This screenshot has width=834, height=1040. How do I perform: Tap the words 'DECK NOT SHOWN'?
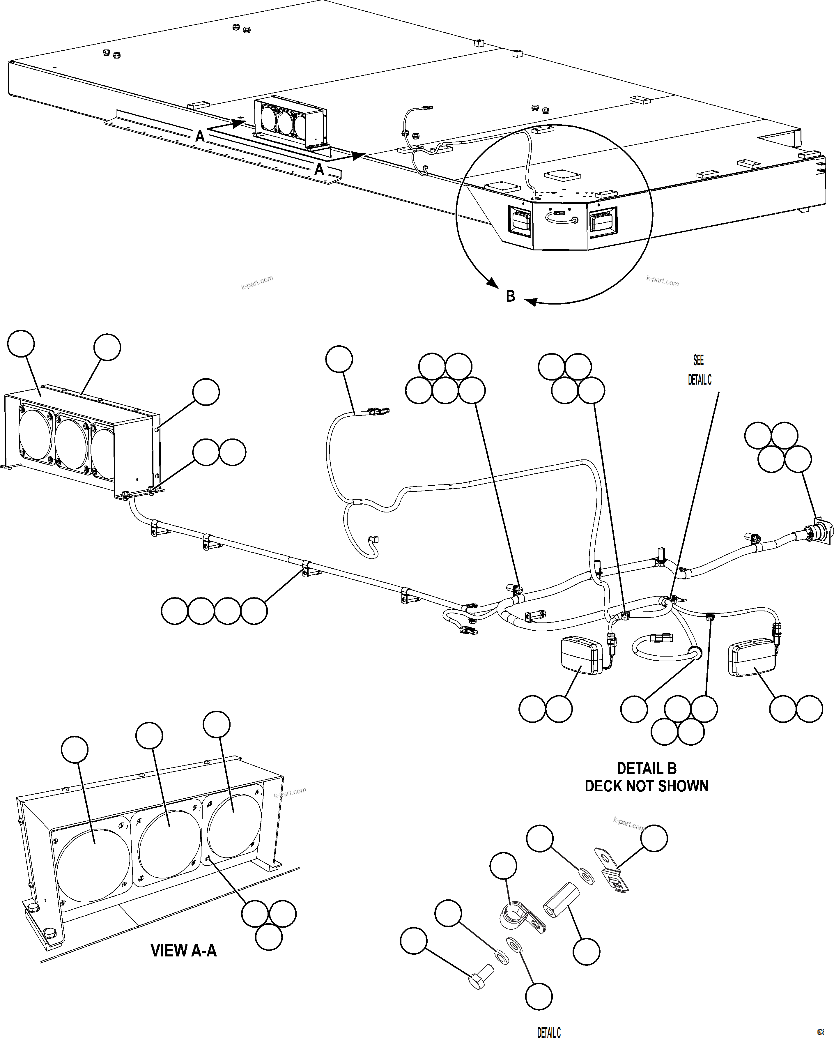(646, 786)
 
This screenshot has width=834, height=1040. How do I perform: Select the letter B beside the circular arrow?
(510, 296)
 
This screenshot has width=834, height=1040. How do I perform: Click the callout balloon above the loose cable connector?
(339, 359)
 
